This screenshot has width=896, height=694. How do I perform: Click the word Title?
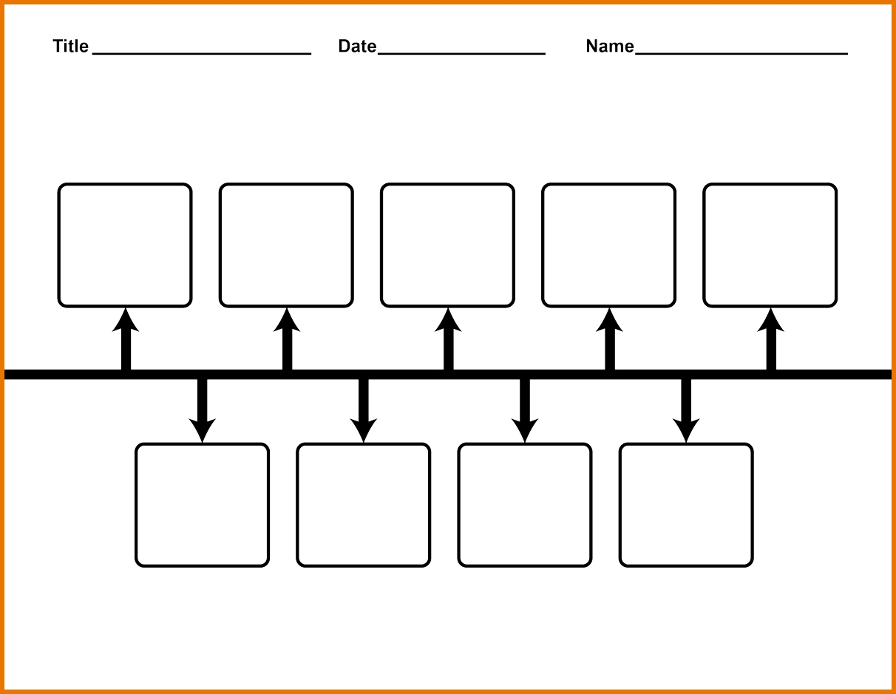tap(70, 46)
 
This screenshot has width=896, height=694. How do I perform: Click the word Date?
tap(357, 46)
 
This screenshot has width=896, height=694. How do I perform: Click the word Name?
tap(610, 46)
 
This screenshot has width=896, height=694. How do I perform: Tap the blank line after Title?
tap(202, 53)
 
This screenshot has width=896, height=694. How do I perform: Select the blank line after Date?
tap(461, 53)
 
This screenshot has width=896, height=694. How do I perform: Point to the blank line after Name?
tap(741, 53)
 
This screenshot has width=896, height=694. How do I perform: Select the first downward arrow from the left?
tap(202, 410)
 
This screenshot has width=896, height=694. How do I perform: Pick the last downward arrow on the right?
tap(686, 410)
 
